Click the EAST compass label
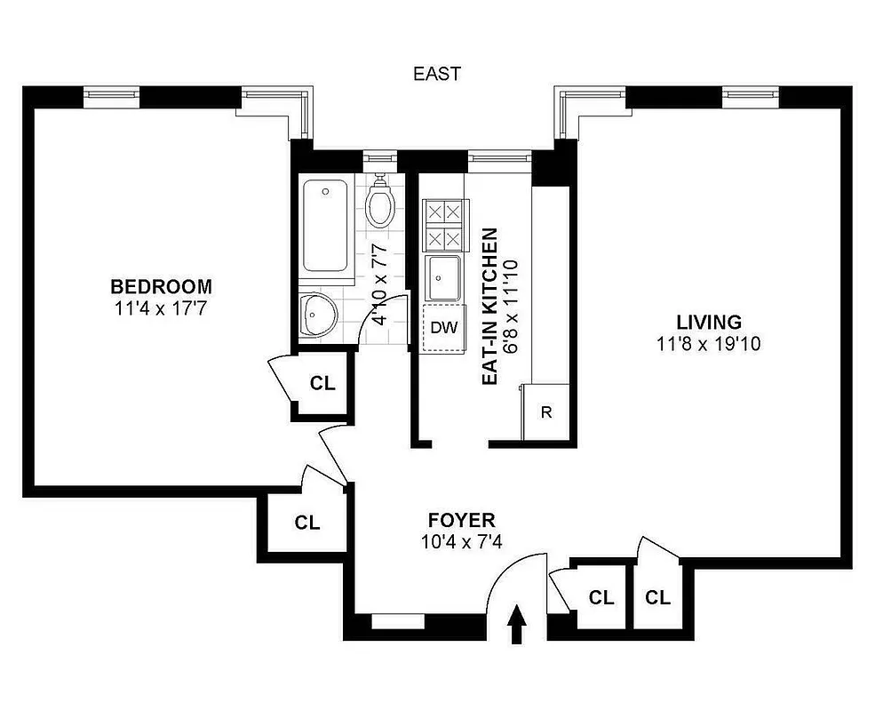[437, 74]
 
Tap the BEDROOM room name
[161, 287]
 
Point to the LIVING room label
[708, 323]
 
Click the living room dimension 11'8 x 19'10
[708, 344]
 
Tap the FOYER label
[461, 521]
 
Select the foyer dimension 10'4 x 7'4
[461, 541]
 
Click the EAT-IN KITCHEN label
[489, 307]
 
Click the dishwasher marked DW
[443, 327]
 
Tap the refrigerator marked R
[546, 412]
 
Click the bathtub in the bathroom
[325, 227]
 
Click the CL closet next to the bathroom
[322, 383]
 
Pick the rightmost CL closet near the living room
[657, 597]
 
